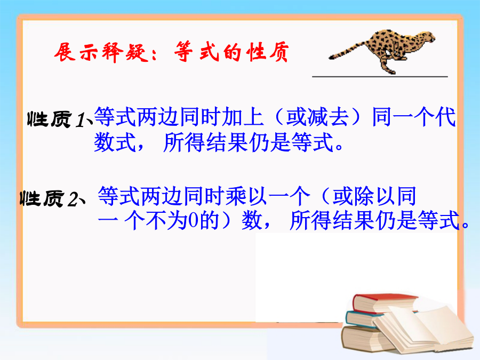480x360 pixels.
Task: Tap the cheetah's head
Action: pyautogui.click(x=427, y=36)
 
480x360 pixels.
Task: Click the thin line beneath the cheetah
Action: pyautogui.click(x=380, y=76)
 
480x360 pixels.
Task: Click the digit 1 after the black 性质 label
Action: pyautogui.click(x=82, y=120)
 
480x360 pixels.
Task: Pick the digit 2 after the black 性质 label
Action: pyautogui.click(x=74, y=199)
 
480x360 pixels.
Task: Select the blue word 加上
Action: pyautogui.click(x=243, y=117)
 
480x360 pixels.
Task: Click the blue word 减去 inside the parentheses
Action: pyautogui.click(x=317, y=117)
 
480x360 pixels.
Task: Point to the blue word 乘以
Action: pyautogui.click(x=247, y=196)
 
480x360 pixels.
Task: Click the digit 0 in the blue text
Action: pyautogui.click(x=193, y=221)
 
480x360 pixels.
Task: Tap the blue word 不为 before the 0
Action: pyautogui.click(x=166, y=220)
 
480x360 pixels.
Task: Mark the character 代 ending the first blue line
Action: pyautogui.click(x=446, y=117)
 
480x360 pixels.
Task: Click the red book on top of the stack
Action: pyautogui.click(x=384, y=303)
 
